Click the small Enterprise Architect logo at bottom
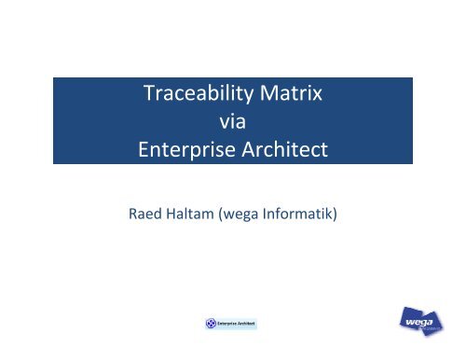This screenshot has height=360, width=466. [x=230, y=324]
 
